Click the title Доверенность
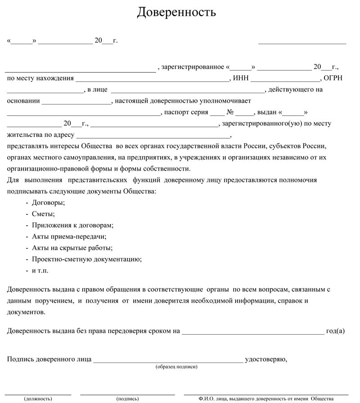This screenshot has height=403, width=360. coord(176,12)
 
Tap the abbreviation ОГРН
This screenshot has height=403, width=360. coord(333,78)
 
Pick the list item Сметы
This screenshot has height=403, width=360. coord(43,214)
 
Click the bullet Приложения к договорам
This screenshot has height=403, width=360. coord(72,225)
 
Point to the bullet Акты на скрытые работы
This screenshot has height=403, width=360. coord(72,248)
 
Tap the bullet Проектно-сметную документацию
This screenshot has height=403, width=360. coord(87,259)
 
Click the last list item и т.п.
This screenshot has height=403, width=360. coord(40,271)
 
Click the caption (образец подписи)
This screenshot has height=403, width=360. coord(176,367)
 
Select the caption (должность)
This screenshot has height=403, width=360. coord(38,398)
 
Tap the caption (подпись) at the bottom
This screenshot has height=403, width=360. coord(127,398)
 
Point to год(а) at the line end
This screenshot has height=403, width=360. coord(335,331)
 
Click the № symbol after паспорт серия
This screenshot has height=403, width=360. coord(230,112)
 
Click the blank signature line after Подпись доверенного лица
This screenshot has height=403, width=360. coord(168,361)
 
